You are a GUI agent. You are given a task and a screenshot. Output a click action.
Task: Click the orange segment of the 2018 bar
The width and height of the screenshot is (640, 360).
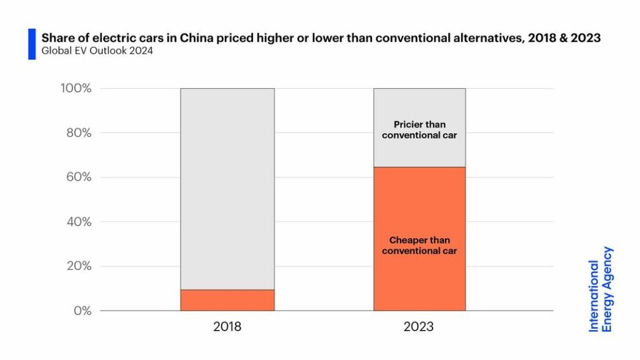click(x=227, y=300)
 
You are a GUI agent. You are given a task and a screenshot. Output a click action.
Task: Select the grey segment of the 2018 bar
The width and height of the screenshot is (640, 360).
click(x=227, y=187)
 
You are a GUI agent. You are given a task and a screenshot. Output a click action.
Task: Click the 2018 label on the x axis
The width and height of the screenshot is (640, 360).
click(x=227, y=327)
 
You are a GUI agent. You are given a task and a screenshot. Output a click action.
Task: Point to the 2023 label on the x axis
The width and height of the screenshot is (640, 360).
click(x=419, y=327)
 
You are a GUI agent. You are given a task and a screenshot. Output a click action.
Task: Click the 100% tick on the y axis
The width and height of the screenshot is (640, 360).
click(x=76, y=88)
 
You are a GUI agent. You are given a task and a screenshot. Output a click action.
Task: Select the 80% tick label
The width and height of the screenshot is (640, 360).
click(x=78, y=132)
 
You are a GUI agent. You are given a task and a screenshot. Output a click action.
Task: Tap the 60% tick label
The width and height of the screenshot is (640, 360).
click(x=78, y=177)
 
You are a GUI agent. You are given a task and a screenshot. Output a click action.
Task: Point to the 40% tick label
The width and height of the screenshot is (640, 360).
click(x=78, y=222)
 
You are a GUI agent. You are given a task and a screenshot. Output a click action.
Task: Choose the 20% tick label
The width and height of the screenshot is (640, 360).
click(x=78, y=266)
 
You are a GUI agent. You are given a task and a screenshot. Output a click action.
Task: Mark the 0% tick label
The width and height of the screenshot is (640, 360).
click(x=82, y=311)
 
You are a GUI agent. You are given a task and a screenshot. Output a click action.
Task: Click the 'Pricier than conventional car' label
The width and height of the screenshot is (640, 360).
click(x=419, y=129)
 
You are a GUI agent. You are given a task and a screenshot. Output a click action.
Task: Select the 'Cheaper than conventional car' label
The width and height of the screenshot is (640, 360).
click(x=419, y=245)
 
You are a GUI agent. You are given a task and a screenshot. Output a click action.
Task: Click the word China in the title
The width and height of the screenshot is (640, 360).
click(x=197, y=38)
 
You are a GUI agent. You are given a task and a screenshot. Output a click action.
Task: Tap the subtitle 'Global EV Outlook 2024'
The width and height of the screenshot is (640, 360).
click(x=97, y=51)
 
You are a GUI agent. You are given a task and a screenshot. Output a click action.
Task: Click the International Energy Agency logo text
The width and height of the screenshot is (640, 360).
click(x=601, y=289)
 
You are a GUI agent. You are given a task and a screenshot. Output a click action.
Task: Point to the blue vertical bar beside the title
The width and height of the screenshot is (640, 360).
click(x=32, y=44)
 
